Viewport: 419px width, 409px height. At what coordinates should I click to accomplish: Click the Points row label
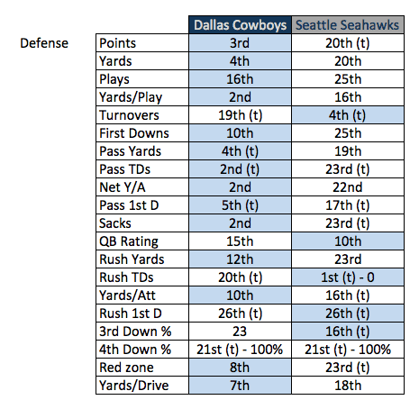point(119,42)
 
